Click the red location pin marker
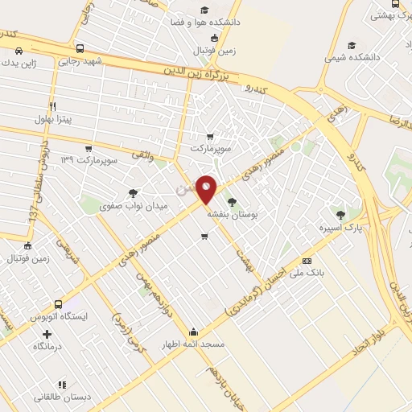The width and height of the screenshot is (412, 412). [206, 188]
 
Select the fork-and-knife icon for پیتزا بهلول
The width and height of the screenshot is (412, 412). [53, 106]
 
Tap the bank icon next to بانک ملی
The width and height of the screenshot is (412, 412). [307, 261]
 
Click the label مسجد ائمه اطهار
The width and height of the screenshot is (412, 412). [194, 344]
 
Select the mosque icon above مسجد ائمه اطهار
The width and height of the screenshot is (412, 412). [194, 332]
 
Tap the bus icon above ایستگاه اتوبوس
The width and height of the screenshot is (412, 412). [58, 304]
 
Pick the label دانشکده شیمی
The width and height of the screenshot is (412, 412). [349, 57]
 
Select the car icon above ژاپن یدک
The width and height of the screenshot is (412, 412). [19, 51]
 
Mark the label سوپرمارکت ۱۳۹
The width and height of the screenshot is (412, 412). [89, 161]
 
